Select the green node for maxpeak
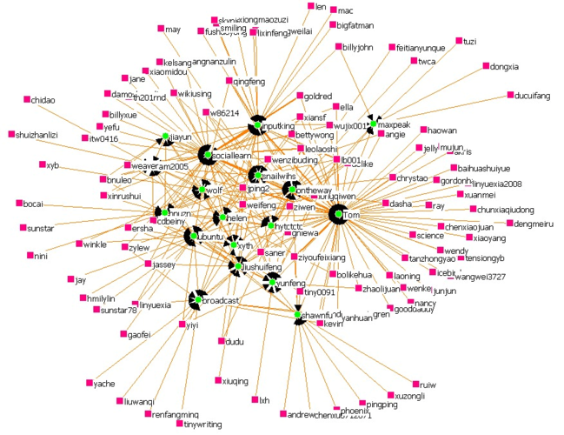(x=374, y=124)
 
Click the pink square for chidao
(x=27, y=100)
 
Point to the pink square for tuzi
(x=458, y=42)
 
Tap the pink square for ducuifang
(x=510, y=94)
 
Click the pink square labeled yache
(x=89, y=383)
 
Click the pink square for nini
(x=30, y=256)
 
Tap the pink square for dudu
(x=221, y=342)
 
